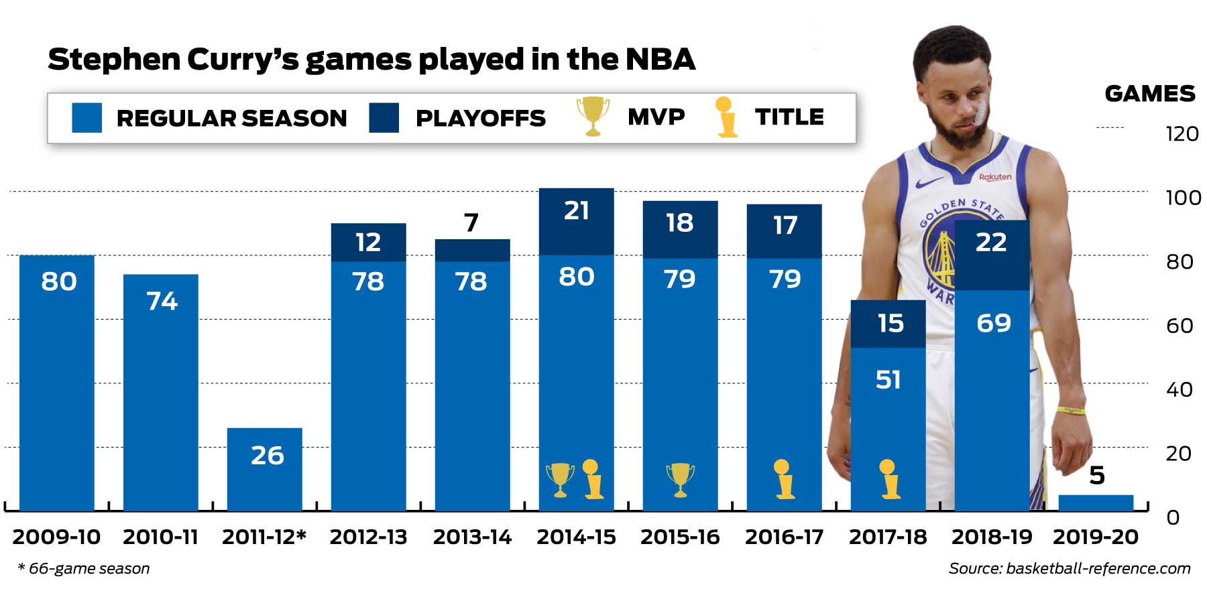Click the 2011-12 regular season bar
point(264,469)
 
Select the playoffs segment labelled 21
point(576,221)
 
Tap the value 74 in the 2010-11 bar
point(162,301)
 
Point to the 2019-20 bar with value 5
point(1096,503)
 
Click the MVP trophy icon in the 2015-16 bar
point(680,480)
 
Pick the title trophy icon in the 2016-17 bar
point(783,480)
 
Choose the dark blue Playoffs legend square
point(384,117)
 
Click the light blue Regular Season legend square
point(87,117)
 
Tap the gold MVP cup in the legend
point(593,116)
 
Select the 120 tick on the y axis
point(1182,134)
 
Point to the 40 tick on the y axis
point(1180,389)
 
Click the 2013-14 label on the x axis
point(472,537)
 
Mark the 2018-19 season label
point(991,537)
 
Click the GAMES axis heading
point(1149,93)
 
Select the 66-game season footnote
point(84,568)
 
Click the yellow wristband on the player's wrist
point(1071,409)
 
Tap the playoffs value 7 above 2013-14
point(471,222)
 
